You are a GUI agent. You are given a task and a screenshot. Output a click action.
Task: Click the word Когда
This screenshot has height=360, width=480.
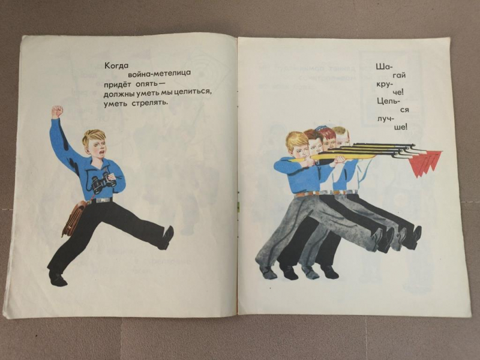click(x=115, y=65)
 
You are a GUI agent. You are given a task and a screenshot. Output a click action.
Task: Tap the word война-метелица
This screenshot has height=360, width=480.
click(x=159, y=73)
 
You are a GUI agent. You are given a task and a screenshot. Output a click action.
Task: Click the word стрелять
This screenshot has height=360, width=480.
click(x=150, y=103)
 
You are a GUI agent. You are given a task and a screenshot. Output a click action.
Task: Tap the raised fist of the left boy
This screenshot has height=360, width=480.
click(x=57, y=112)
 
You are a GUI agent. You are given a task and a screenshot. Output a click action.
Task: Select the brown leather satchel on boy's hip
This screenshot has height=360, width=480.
click(x=73, y=218)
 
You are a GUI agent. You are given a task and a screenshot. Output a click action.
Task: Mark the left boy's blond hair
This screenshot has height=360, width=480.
click(x=93, y=137)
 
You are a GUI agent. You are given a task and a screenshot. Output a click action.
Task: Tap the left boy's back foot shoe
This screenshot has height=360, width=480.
click(x=58, y=279)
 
